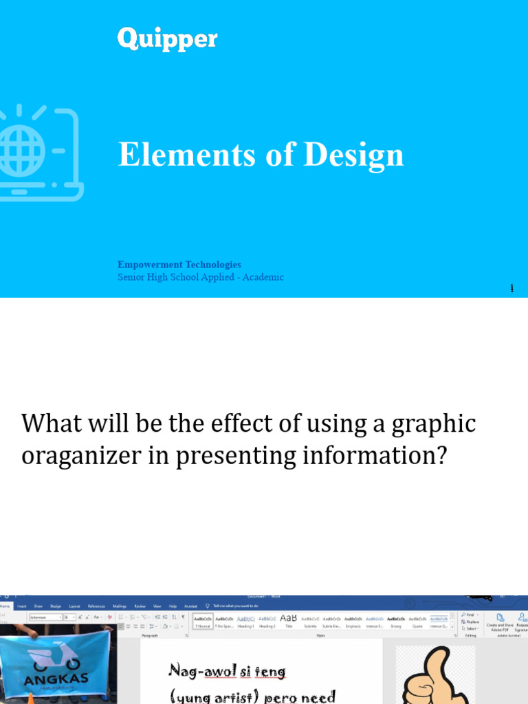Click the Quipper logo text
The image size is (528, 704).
[167, 38]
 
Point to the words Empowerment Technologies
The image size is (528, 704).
[179, 265]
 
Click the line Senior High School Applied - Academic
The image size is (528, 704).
[200, 277]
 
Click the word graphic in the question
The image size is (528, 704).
[433, 423]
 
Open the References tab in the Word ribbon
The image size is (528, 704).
[96, 606]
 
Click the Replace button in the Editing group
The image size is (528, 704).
[472, 621]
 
